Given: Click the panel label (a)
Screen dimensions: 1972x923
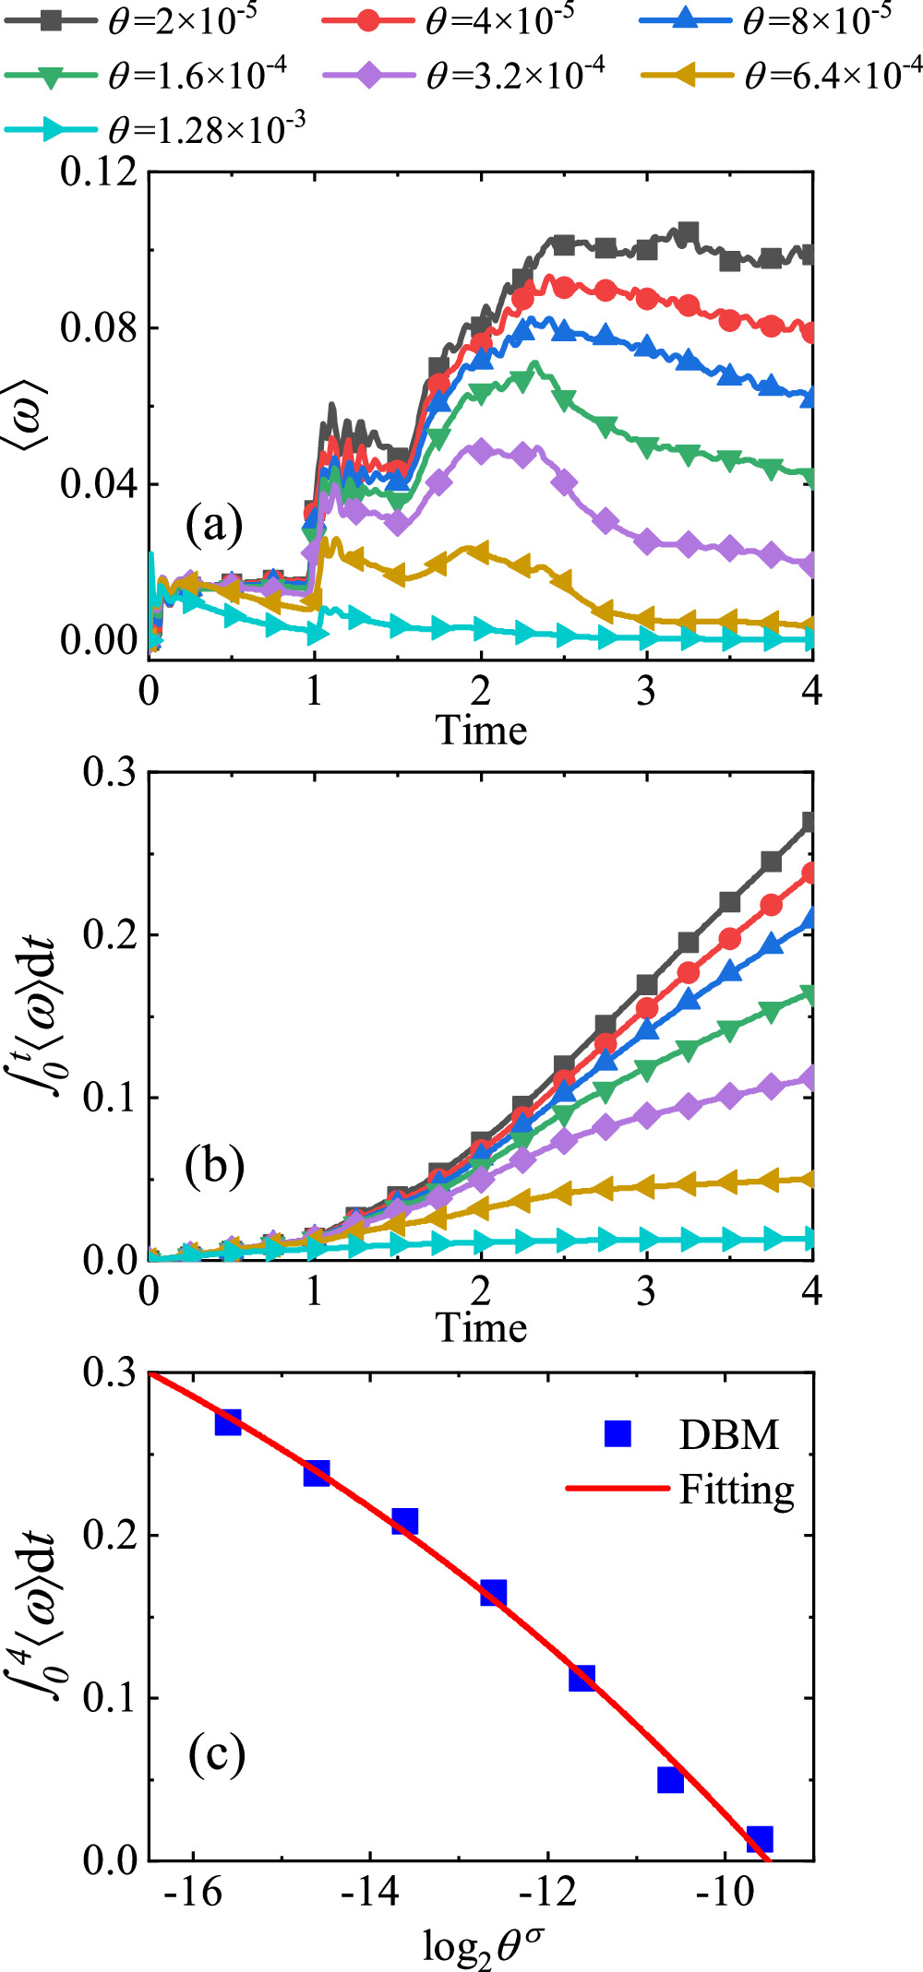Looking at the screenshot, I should pos(214,526).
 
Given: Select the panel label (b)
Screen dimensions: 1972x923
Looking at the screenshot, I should pos(214,1167).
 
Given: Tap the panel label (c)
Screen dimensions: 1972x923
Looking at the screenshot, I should pos(216,1754).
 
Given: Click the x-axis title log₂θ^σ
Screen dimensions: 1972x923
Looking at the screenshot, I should pos(483,1946).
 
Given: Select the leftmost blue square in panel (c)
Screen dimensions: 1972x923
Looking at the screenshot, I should pos(228,1422).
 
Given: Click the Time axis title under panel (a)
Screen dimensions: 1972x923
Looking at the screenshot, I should pos(481,731).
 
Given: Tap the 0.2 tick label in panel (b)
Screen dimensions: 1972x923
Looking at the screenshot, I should pos(109,934).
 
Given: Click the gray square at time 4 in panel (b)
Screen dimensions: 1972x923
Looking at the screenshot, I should pos(809,822).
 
